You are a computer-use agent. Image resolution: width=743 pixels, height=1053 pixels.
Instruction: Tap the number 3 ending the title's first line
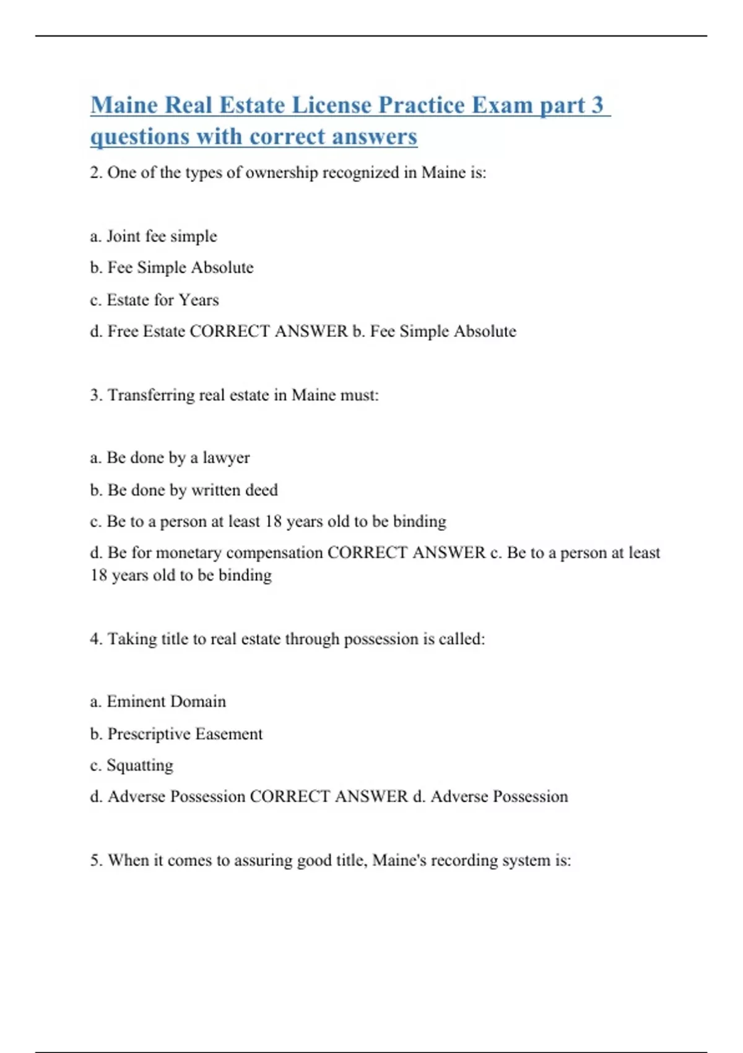[x=597, y=105]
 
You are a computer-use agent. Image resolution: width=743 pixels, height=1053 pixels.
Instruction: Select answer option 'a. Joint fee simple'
[x=154, y=236]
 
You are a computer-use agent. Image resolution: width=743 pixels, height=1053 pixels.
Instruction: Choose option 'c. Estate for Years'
[x=154, y=300]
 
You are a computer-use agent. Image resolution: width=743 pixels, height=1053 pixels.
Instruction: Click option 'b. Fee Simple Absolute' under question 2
[x=172, y=268]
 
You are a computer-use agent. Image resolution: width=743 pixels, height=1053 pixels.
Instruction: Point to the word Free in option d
[x=123, y=331]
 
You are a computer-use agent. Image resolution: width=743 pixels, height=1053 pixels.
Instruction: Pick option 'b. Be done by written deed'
[x=183, y=490]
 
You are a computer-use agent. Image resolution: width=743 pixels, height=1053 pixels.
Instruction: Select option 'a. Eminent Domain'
[x=158, y=702]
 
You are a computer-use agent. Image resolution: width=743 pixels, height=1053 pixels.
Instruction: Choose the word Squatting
[x=140, y=766]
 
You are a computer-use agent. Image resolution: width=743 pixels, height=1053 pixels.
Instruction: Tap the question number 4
[x=95, y=639]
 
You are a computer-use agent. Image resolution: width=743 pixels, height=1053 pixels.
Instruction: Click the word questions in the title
[x=140, y=137]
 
